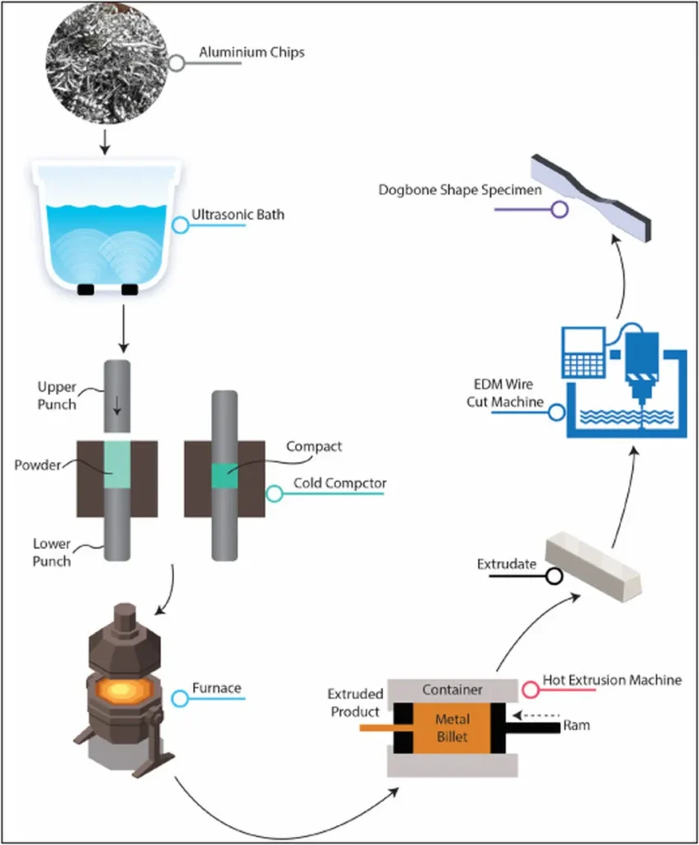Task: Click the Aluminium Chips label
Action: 252,53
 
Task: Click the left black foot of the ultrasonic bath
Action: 86,290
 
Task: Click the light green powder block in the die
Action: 117,465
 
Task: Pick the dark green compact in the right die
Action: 224,476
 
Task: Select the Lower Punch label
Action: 52,553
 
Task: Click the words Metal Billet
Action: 452,727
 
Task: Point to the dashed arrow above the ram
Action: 536,715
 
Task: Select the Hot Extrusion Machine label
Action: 612,680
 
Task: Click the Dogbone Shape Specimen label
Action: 460,191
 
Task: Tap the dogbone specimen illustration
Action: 593,191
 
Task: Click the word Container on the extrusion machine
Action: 451,689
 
